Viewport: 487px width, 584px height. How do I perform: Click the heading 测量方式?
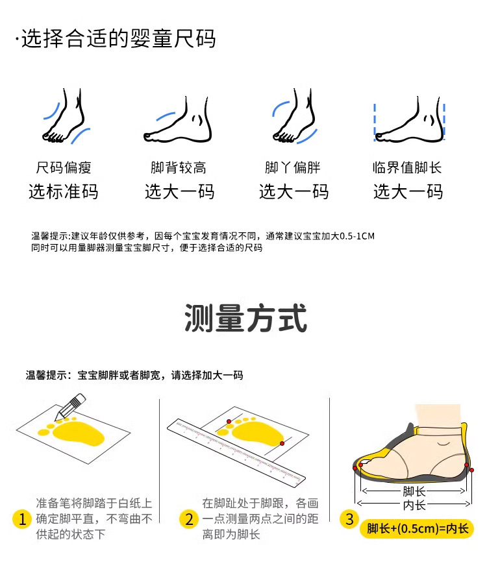pyautogui.click(x=245, y=318)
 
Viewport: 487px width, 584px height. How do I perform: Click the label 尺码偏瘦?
pyautogui.click(x=64, y=167)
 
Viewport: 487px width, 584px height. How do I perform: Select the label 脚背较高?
pyautogui.click(x=179, y=167)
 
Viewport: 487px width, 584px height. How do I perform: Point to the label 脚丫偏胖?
pyautogui.click(x=293, y=167)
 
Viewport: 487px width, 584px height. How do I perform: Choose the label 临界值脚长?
pyautogui.click(x=407, y=167)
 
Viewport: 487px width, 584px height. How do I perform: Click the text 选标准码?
pyautogui.click(x=64, y=192)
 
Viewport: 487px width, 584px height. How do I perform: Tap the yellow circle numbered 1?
pyautogui.click(x=21, y=519)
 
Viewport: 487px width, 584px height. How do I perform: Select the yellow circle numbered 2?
pyautogui.click(x=189, y=519)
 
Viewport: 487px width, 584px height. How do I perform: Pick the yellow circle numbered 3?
pyautogui.click(x=349, y=519)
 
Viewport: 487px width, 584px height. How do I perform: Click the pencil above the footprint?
pyautogui.click(x=70, y=406)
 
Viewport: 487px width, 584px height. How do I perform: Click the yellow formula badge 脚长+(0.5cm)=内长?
pyautogui.click(x=417, y=528)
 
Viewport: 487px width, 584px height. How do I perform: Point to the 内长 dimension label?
pyautogui.click(x=414, y=505)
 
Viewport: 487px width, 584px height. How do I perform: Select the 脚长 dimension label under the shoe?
pyautogui.click(x=414, y=491)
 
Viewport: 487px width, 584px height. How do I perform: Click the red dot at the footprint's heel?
pyautogui.click(x=282, y=443)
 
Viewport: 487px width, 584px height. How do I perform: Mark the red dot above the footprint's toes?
pyautogui.click(x=229, y=422)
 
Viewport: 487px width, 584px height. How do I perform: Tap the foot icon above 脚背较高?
pyautogui.click(x=178, y=119)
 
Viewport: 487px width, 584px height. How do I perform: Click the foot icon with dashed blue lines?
pyautogui.click(x=410, y=119)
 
